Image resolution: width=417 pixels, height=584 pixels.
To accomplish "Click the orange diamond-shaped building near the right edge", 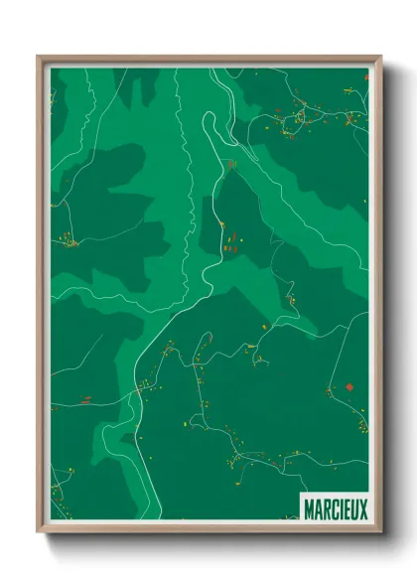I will point(349,387).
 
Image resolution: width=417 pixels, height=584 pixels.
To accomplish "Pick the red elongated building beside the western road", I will point(85,399).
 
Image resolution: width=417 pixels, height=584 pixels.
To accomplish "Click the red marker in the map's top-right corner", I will point(365,75).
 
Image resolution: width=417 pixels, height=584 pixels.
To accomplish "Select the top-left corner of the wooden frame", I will point(39,58).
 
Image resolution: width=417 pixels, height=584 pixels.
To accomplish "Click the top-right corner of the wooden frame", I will point(380,58).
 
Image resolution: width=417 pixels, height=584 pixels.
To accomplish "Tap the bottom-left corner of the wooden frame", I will point(39,533).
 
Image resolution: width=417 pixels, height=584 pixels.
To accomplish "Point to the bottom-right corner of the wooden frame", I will point(380,533).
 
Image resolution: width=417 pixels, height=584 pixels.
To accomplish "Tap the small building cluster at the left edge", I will point(68,239).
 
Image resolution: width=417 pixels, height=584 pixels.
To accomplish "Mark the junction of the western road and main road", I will point(139,390).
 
